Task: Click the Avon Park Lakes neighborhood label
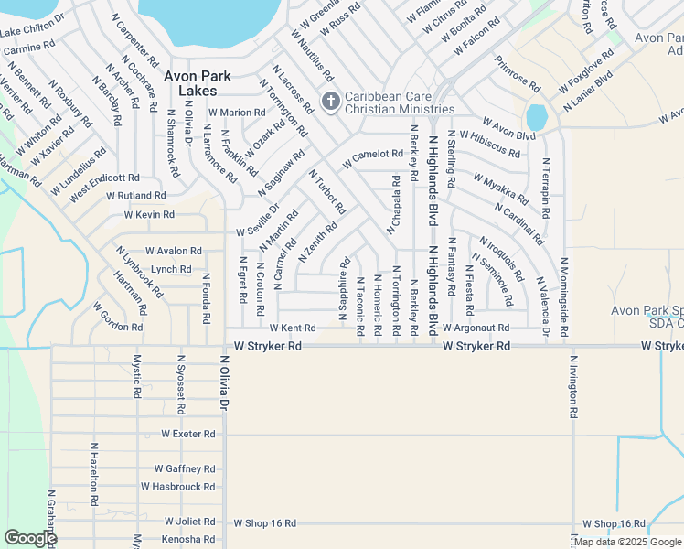point(198,83)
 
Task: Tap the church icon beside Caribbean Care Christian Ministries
point(329,99)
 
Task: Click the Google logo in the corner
point(30,538)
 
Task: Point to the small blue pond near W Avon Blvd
point(536,117)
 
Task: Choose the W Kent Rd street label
point(292,328)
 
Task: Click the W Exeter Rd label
point(187,434)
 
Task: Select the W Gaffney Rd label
point(184,468)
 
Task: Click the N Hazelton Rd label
point(93,475)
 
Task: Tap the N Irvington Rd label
point(573,386)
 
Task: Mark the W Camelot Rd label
point(373,159)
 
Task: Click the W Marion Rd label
point(236,113)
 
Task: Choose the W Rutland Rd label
point(135,195)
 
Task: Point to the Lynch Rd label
point(171,269)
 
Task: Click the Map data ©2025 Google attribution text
point(627,542)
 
